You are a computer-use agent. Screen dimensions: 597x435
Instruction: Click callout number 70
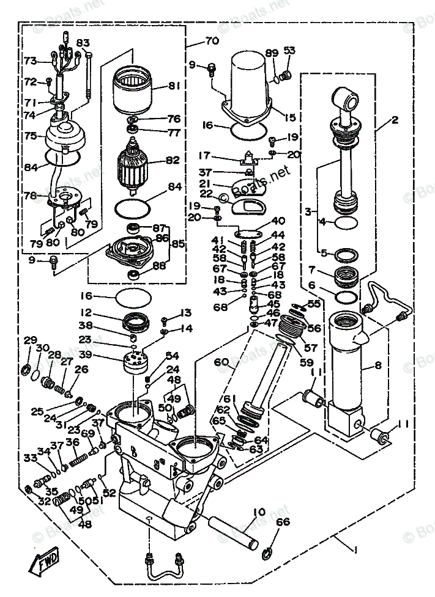click(212, 42)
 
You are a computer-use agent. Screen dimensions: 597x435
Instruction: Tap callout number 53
click(289, 50)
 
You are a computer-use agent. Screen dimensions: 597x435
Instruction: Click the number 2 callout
click(395, 120)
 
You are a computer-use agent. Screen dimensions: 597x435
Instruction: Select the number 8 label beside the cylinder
click(377, 367)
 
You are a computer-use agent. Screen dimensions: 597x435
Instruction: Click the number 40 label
click(278, 221)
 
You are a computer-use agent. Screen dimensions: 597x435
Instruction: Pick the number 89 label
click(272, 53)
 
